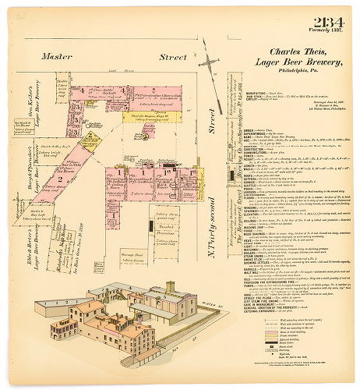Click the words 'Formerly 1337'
point(326,32)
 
